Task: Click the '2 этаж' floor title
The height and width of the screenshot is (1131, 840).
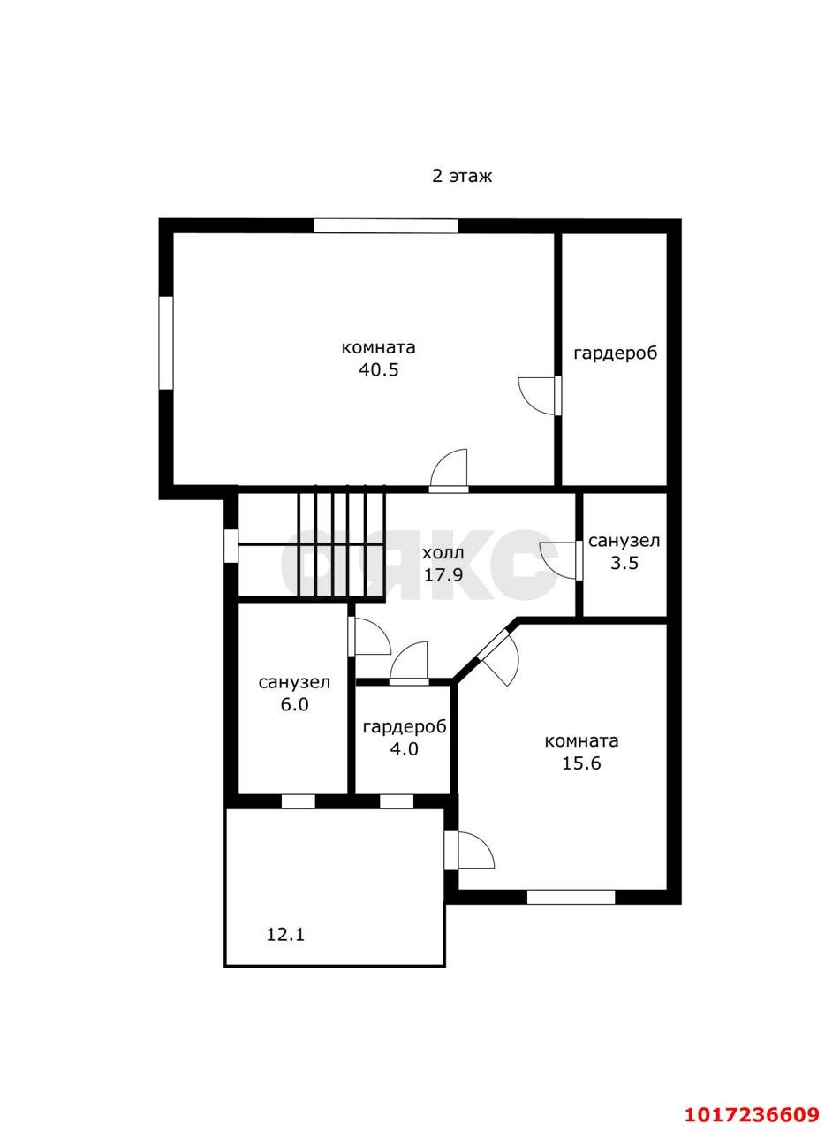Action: point(462,177)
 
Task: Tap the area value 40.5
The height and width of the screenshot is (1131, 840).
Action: point(379,369)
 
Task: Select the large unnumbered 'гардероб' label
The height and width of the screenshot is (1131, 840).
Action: point(616,353)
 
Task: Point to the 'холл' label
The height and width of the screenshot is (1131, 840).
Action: point(443,553)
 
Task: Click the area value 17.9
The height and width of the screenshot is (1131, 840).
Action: point(443,574)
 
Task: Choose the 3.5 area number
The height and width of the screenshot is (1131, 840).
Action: point(624,563)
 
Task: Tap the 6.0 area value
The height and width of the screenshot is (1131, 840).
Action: point(295,705)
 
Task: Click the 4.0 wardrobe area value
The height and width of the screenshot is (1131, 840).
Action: point(404,749)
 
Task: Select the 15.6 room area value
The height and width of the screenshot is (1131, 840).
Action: point(581,763)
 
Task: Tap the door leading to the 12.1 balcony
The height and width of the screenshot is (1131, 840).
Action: point(469,849)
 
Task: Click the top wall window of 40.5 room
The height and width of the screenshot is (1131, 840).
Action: point(386,226)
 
